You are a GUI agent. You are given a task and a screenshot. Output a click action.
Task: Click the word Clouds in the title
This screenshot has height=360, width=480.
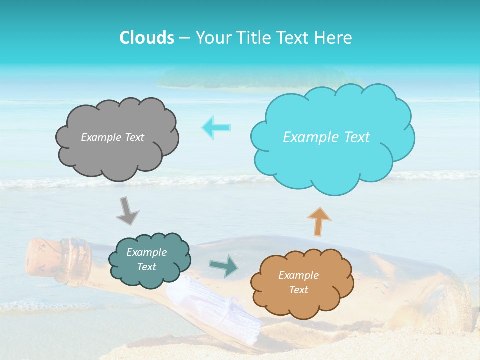(146, 38)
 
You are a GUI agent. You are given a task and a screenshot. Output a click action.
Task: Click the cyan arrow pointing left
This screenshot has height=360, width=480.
(216, 127)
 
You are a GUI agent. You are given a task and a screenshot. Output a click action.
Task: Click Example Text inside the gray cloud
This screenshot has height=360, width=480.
(112, 137)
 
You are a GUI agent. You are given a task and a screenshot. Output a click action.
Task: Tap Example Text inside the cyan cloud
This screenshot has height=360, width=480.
(326, 137)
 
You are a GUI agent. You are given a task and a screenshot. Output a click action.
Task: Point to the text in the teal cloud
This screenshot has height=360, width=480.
(146, 260)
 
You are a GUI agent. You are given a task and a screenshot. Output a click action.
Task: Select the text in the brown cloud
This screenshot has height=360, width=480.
(298, 282)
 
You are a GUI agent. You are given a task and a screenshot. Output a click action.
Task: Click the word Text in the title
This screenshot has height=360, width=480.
(294, 38)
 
